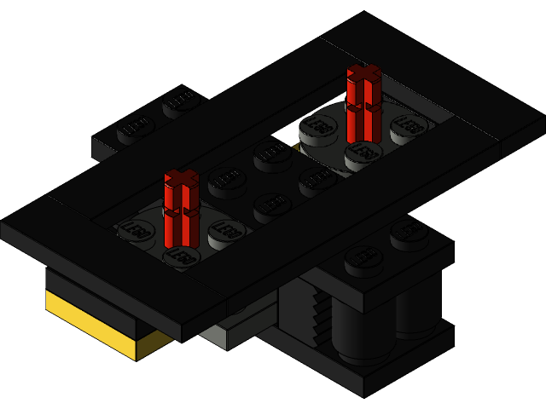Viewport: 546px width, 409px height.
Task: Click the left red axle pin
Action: [x=181, y=204]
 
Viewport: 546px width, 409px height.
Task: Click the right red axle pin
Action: [x=364, y=102]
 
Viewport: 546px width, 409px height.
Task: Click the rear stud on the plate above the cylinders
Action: [x=409, y=230]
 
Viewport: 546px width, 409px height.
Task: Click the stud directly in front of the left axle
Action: [x=181, y=256]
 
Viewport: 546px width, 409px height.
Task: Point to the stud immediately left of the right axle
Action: [x=318, y=126]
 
